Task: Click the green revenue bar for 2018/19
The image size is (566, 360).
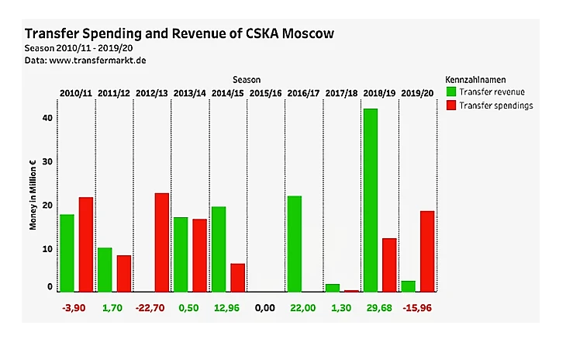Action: coord(371,200)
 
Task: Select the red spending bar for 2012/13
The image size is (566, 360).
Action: coord(162,242)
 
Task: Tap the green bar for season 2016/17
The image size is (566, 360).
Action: coord(295,244)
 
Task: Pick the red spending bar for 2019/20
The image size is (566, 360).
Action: coord(427,251)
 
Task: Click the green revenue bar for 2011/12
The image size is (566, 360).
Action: coord(105,269)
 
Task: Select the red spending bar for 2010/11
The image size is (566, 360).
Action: coord(86,244)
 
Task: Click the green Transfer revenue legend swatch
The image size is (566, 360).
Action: coord(451,92)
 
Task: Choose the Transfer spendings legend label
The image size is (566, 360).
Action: coord(496,106)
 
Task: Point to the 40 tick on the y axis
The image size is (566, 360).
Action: coord(47,118)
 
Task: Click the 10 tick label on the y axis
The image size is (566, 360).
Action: coord(47,249)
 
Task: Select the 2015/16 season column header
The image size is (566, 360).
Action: coord(266,93)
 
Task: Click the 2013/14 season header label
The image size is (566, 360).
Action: coord(190,93)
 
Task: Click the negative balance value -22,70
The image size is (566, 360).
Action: coord(152,308)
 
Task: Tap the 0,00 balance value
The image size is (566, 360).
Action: coord(266,308)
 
